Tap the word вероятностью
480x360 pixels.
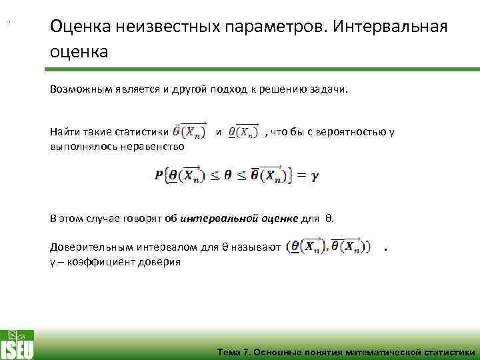click(x=357, y=131)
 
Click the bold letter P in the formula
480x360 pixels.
click(x=158, y=175)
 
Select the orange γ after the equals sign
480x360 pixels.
click(x=315, y=177)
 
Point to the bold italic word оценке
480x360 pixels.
click(x=279, y=218)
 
